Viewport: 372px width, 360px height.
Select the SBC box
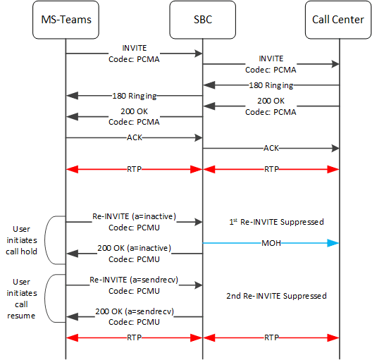[203, 19]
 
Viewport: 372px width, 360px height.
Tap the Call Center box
[340, 19]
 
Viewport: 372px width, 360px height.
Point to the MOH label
[271, 244]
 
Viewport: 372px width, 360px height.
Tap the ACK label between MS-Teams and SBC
[134, 137]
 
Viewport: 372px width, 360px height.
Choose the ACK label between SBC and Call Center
[271, 148]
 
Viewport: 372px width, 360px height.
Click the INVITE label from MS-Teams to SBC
[134, 49]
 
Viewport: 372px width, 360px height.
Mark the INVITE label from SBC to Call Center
[271, 59]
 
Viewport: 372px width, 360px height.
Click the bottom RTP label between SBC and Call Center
[271, 337]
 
